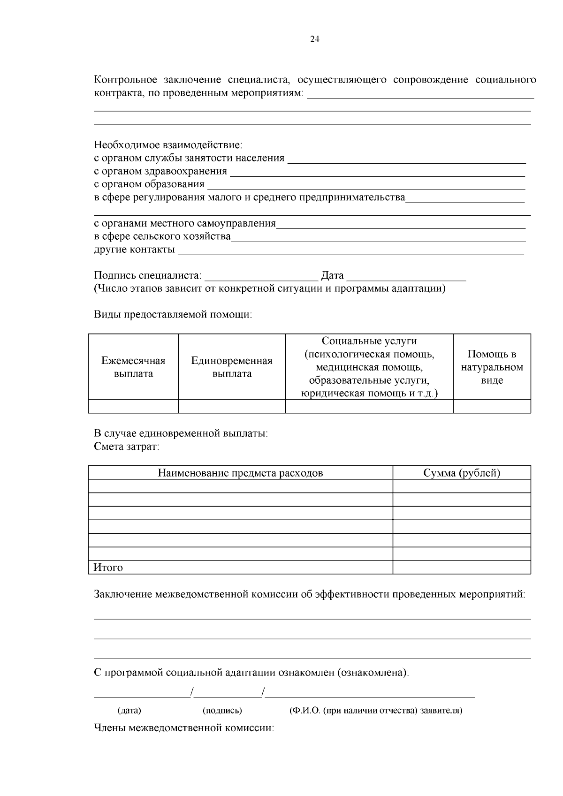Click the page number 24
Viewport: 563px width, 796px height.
point(315,39)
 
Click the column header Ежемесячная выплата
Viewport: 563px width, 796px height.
point(133,367)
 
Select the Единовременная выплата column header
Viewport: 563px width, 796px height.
point(232,367)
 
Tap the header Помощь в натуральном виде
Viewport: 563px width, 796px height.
point(492,367)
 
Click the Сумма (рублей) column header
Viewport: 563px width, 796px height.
point(461,473)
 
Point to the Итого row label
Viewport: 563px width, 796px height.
point(108,568)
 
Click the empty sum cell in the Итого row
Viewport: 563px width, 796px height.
point(461,568)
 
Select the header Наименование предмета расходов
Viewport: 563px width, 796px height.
point(240,473)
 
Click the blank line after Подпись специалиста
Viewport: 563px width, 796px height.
point(261,277)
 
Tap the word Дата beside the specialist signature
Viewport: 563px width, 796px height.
point(332,275)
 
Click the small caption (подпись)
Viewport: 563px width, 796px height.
point(222,710)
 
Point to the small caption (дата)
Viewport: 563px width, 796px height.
point(129,710)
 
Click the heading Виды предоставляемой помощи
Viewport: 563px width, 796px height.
point(173,315)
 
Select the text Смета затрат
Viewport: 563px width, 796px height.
point(127,447)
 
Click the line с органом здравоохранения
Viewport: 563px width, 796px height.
point(160,171)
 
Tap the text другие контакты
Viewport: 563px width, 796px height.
point(135,249)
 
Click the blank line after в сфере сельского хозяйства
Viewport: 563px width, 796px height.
point(378,238)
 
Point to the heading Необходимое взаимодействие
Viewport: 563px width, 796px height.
point(168,145)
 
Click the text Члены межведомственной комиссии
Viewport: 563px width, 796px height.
point(184,728)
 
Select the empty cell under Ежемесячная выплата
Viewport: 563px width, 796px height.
point(133,406)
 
